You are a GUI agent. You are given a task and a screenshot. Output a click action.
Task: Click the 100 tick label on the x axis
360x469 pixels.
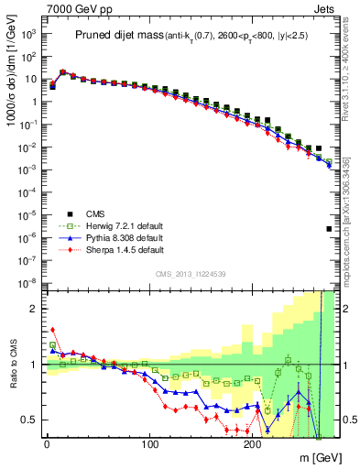point(148,445)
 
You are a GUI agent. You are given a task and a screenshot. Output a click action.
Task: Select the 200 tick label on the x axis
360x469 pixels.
point(252,445)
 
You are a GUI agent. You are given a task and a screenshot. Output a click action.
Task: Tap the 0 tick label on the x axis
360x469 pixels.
point(46,445)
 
